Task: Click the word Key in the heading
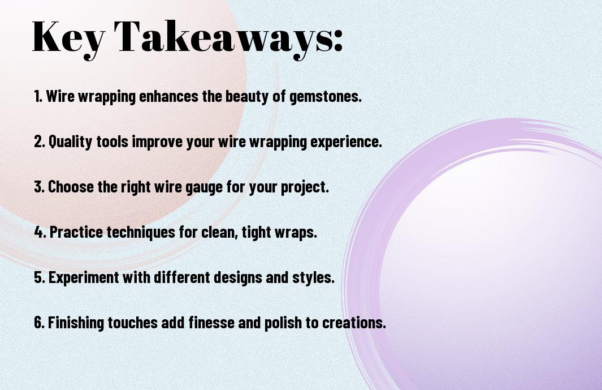68,38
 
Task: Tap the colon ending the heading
337,40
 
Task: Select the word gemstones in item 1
325,96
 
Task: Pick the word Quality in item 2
71,141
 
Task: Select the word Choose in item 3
71,187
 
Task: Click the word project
305,187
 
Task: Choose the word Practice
76,232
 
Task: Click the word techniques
141,232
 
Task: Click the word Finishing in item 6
76,322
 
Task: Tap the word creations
354,323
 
